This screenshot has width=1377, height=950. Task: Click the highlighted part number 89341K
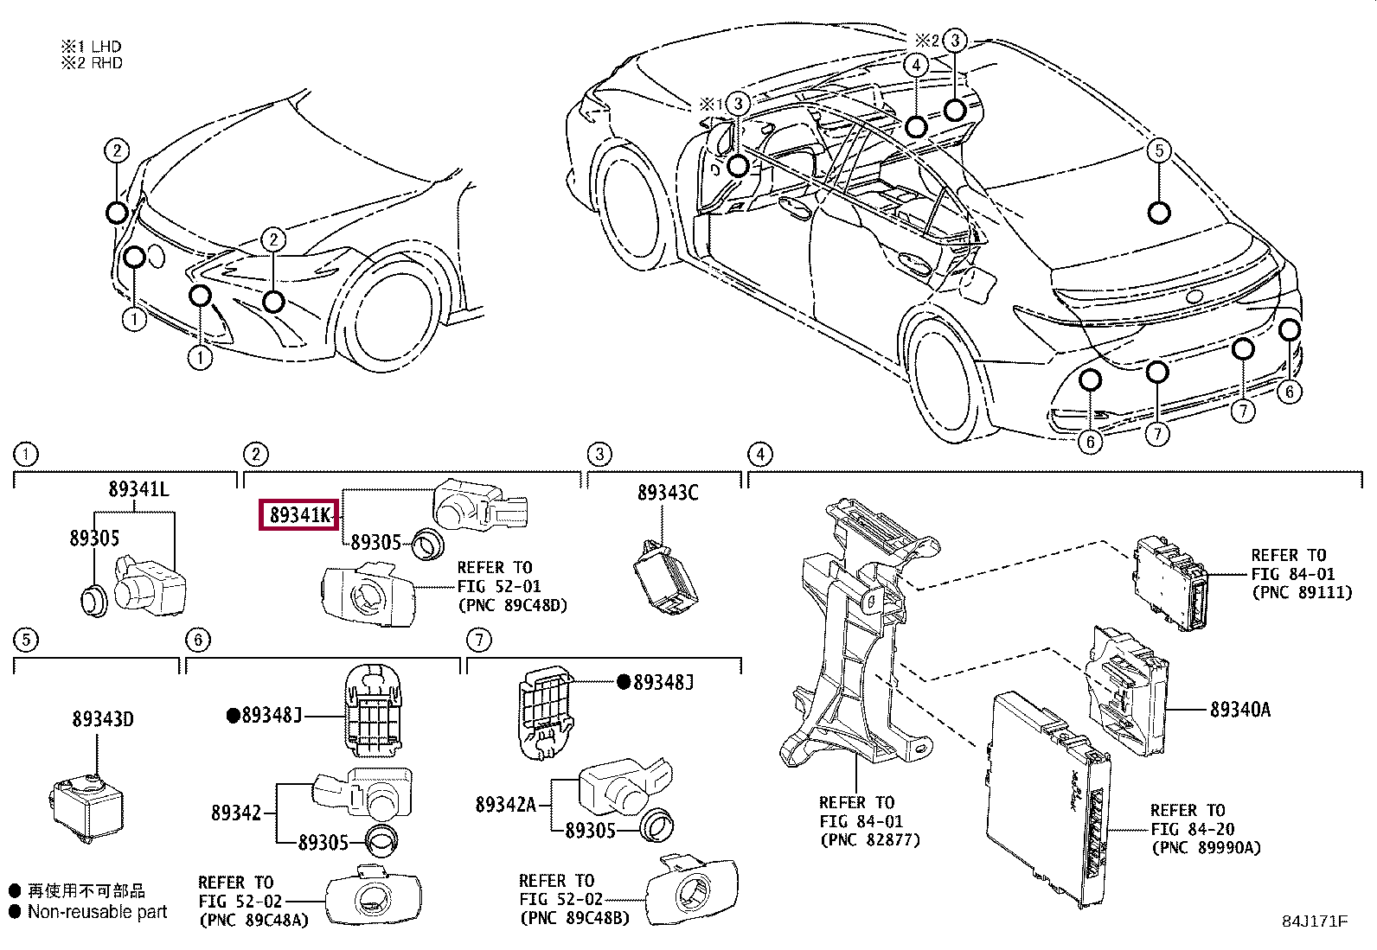pos(298,516)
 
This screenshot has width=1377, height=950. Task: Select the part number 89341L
pos(138,489)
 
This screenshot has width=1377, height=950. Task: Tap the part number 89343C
pos(667,493)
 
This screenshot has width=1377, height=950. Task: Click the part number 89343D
pos(102,719)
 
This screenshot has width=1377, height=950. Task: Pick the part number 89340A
pos(1239,710)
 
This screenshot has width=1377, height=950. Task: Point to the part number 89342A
pos(506,805)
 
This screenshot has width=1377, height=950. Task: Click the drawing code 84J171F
pos(1314,921)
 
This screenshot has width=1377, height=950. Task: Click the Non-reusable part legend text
pos(97,912)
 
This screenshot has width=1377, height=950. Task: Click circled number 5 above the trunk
pos(1159,150)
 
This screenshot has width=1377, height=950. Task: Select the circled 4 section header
pos(759,455)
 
